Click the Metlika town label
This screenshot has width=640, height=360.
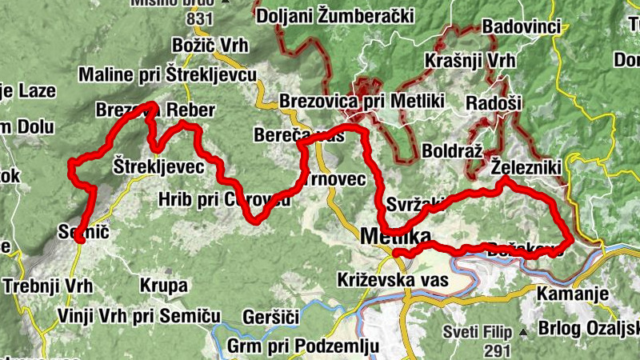[395, 237]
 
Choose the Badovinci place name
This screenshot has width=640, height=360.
[522, 26]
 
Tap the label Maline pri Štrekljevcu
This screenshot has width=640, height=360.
[167, 74]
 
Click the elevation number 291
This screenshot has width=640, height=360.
[496, 350]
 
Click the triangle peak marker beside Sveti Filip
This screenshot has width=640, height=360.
[522, 331]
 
